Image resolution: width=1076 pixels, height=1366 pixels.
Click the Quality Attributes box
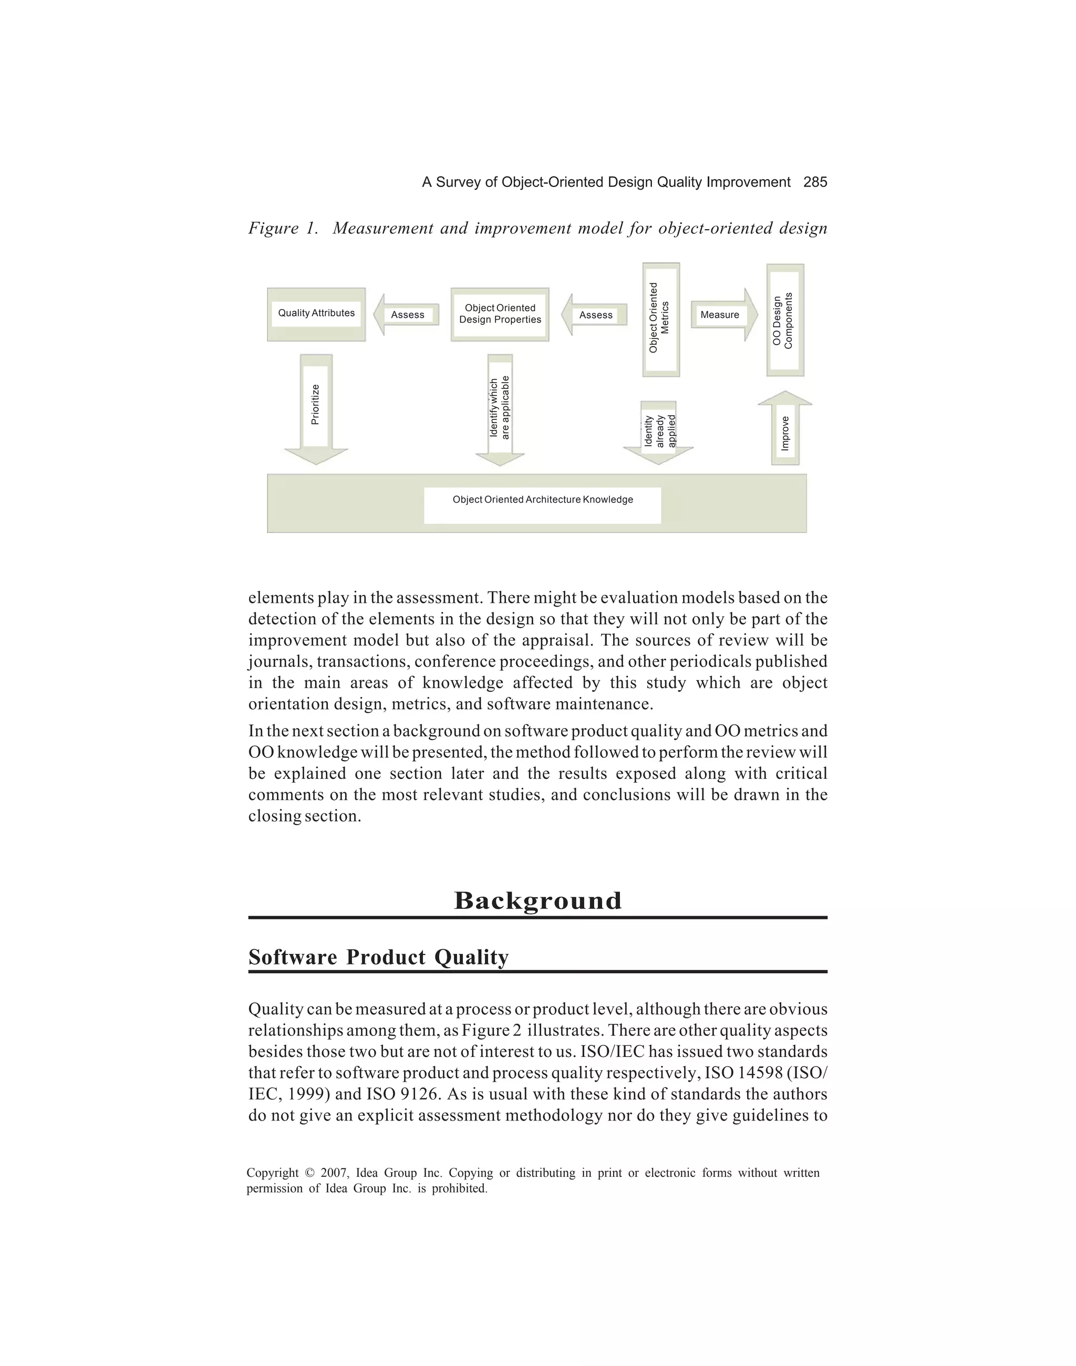(x=316, y=314)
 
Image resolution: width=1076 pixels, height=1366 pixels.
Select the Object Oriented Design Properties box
(x=500, y=314)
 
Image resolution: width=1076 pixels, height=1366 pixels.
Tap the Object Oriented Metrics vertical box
(x=661, y=319)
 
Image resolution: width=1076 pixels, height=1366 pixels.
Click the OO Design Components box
(x=784, y=320)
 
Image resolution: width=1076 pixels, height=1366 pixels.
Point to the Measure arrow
(x=722, y=315)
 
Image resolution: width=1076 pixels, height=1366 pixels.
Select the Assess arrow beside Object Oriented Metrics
(x=595, y=315)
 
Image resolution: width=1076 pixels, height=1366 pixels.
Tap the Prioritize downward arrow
(x=316, y=406)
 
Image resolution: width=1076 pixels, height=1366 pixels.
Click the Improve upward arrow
(x=785, y=430)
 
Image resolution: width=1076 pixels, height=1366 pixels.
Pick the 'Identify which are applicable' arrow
(x=500, y=408)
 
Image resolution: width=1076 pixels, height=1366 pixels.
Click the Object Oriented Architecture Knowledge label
(x=542, y=500)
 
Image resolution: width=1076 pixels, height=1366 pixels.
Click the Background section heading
(x=537, y=901)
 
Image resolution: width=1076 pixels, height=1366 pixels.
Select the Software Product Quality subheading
(x=378, y=957)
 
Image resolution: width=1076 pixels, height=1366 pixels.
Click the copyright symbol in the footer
(x=309, y=1173)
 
